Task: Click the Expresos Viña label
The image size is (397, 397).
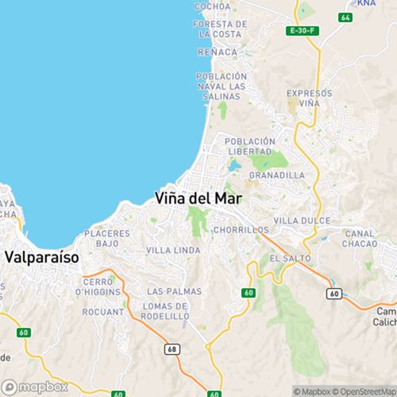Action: point(303,98)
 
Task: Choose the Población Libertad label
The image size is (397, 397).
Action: point(250,146)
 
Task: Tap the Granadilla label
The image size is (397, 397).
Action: point(276,175)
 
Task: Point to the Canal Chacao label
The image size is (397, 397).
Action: point(360,239)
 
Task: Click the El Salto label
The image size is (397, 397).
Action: point(285,259)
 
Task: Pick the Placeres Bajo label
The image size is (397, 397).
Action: point(107,239)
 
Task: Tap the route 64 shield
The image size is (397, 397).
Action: point(343,17)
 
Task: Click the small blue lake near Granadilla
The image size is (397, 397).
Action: point(233,168)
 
